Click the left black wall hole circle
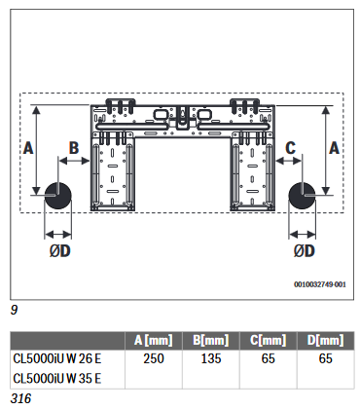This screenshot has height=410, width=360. point(58,196)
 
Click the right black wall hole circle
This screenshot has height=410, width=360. point(302,196)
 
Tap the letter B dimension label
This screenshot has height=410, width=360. point(74,148)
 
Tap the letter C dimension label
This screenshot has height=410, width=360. point(290,148)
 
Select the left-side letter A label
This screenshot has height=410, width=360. point(28,148)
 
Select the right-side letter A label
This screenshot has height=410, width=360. point(334,148)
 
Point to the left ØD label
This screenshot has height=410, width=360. point(60,251)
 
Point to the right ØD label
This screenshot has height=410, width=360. point(305,251)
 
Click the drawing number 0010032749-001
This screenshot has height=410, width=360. point(320,284)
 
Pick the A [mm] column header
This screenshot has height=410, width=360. point(154,340)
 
